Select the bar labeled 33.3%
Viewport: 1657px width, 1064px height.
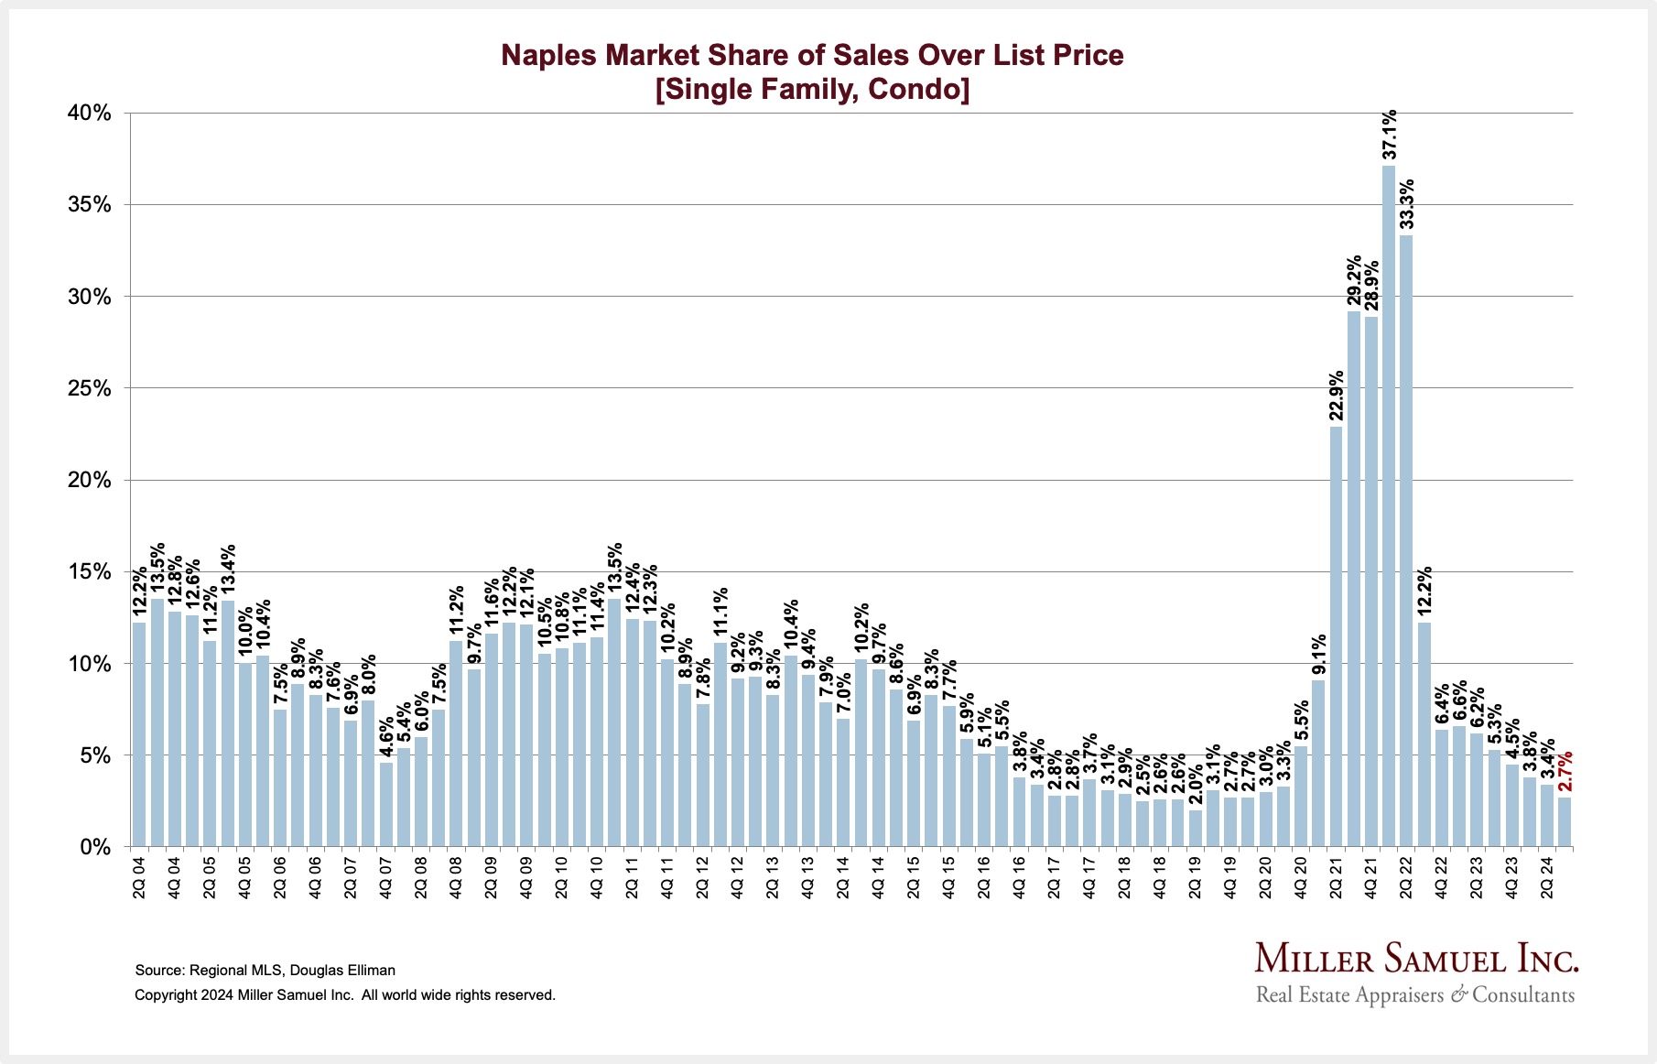coord(1406,540)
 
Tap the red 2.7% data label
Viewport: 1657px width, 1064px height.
coord(1565,772)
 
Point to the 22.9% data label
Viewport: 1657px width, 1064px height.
coord(1337,396)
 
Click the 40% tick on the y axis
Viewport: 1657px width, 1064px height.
coord(90,114)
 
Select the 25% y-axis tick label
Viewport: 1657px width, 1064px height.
coord(90,389)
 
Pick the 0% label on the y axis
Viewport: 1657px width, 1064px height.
coord(95,848)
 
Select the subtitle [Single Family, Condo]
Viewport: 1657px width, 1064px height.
coord(812,90)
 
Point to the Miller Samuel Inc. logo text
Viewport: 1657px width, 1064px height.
coord(1416,959)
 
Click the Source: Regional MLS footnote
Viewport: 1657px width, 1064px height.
coord(265,970)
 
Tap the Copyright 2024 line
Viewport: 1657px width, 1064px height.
coord(345,994)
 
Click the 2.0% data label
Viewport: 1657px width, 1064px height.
coord(1196,782)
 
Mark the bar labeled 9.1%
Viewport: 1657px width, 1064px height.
coord(1318,764)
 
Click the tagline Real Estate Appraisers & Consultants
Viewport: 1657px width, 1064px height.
coord(1415,994)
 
